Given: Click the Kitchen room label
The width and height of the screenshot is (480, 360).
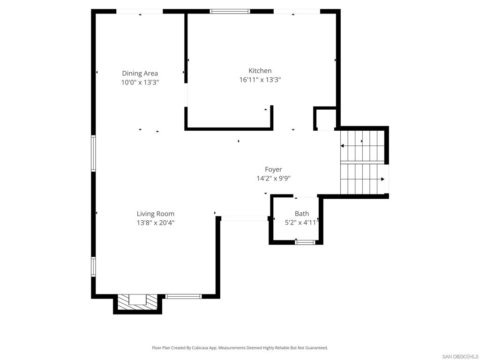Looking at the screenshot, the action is coord(260,71).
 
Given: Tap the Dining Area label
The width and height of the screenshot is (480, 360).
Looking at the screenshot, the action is coord(140,73).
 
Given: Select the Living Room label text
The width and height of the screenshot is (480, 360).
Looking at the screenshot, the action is coord(156,214).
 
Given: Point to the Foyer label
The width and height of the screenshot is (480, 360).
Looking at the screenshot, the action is coord(273,169).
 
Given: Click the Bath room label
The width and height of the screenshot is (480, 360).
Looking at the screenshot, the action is coord(302,213).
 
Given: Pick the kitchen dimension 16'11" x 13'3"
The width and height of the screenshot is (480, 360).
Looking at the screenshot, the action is coord(260,80).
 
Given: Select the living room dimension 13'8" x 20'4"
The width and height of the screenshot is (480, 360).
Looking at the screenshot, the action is coord(156,223).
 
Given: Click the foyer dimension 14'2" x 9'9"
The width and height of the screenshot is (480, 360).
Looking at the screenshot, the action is coord(273,178).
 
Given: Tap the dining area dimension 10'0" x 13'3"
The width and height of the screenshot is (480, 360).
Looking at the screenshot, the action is coord(140,82).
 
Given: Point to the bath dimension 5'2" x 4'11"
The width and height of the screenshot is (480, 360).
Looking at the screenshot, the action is coord(302,223).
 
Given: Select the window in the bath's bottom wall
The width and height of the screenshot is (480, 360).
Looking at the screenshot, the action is coord(305,242).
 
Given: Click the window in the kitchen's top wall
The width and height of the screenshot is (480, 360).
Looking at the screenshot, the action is coord(230,12).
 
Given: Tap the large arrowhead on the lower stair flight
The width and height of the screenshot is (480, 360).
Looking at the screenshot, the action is coord(382,179).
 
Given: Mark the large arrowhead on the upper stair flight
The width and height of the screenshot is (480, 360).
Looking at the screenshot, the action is coord(342,146).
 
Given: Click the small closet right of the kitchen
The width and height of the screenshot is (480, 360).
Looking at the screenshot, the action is coord(325,119).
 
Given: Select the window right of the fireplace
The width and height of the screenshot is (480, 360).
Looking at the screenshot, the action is coord(183,296).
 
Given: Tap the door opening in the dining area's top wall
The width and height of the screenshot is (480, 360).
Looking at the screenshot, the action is coord(140,12).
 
